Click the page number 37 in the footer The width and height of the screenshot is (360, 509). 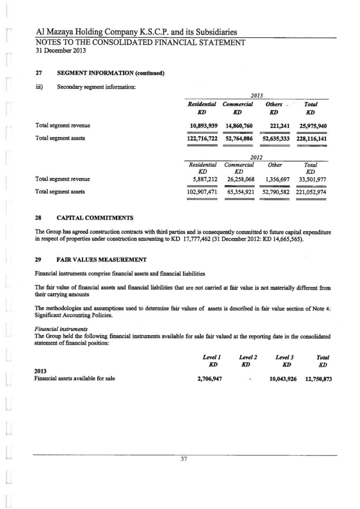click(184, 459)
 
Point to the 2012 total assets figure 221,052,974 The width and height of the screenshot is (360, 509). click(311, 192)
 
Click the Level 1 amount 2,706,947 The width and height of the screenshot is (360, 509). click(209, 379)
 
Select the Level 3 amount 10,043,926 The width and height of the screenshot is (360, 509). click(283, 379)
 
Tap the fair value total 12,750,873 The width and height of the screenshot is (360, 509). click(318, 379)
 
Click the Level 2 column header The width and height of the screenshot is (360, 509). click(248, 357)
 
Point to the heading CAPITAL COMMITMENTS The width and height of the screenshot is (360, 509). click(95, 218)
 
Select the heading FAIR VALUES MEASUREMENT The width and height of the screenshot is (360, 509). click(101, 260)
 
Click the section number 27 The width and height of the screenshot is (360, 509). click(39, 73)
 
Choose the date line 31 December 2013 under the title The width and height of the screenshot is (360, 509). click(61, 51)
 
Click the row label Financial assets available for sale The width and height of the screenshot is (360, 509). click(74, 378)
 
